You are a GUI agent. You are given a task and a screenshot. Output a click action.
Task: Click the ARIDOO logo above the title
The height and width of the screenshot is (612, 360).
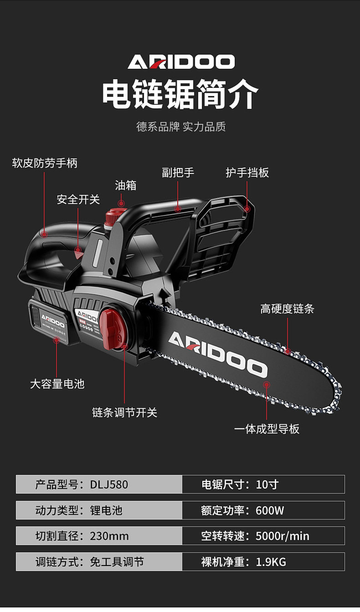pyautogui.click(x=181, y=61)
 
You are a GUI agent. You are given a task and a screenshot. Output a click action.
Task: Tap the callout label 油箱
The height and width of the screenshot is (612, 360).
pyautogui.click(x=125, y=185)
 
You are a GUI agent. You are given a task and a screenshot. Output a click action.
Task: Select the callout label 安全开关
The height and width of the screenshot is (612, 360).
pyautogui.click(x=78, y=199)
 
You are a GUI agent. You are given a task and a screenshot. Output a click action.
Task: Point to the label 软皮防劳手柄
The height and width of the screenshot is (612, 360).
pyautogui.click(x=45, y=163)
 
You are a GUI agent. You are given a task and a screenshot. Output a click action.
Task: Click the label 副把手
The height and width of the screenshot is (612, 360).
pyautogui.click(x=178, y=173)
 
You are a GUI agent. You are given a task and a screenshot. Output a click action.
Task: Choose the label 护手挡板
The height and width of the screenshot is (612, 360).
pyautogui.click(x=247, y=173)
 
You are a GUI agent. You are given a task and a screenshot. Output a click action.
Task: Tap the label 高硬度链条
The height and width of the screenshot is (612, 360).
pyautogui.click(x=287, y=309)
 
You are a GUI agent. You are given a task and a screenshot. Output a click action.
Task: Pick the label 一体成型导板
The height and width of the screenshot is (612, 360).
pyautogui.click(x=267, y=429)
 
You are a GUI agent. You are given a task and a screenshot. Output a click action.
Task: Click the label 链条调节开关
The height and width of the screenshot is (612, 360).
pyautogui.click(x=124, y=413)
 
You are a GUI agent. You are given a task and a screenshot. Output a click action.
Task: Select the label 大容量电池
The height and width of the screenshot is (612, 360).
pyautogui.click(x=57, y=384)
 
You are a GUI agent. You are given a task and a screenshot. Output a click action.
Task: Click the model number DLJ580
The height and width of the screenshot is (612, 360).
pyautogui.click(x=109, y=484)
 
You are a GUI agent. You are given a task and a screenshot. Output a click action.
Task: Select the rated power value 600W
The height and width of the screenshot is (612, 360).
pyautogui.click(x=270, y=510)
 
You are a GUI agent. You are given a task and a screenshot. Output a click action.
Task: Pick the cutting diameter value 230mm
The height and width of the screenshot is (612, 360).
pyautogui.click(x=109, y=536)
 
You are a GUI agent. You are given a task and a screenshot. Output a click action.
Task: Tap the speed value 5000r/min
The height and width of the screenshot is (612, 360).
pyautogui.click(x=282, y=536)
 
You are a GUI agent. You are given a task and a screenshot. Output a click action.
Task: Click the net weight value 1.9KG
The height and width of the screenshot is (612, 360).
pyautogui.click(x=271, y=562)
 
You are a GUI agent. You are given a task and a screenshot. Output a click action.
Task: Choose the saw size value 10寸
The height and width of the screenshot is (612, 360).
pyautogui.click(x=267, y=484)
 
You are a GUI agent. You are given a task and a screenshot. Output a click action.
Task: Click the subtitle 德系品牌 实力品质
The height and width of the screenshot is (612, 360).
pyautogui.click(x=181, y=127)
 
